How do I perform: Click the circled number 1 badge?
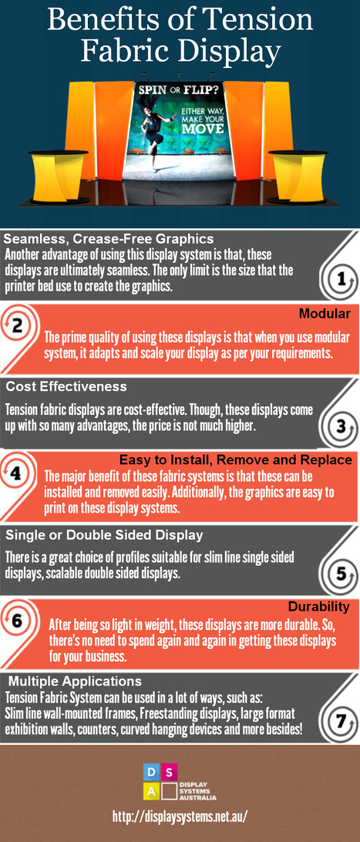click(x=339, y=279)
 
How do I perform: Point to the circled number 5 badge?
click(x=340, y=574)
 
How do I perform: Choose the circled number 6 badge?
click(x=17, y=621)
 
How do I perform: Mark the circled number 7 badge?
click(x=340, y=721)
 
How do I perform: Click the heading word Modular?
click(x=325, y=314)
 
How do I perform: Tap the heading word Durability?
click(x=318, y=607)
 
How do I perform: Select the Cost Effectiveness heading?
click(x=66, y=386)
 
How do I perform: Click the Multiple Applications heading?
click(x=75, y=682)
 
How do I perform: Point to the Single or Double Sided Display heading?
click(x=103, y=535)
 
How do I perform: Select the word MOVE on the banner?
click(x=200, y=128)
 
